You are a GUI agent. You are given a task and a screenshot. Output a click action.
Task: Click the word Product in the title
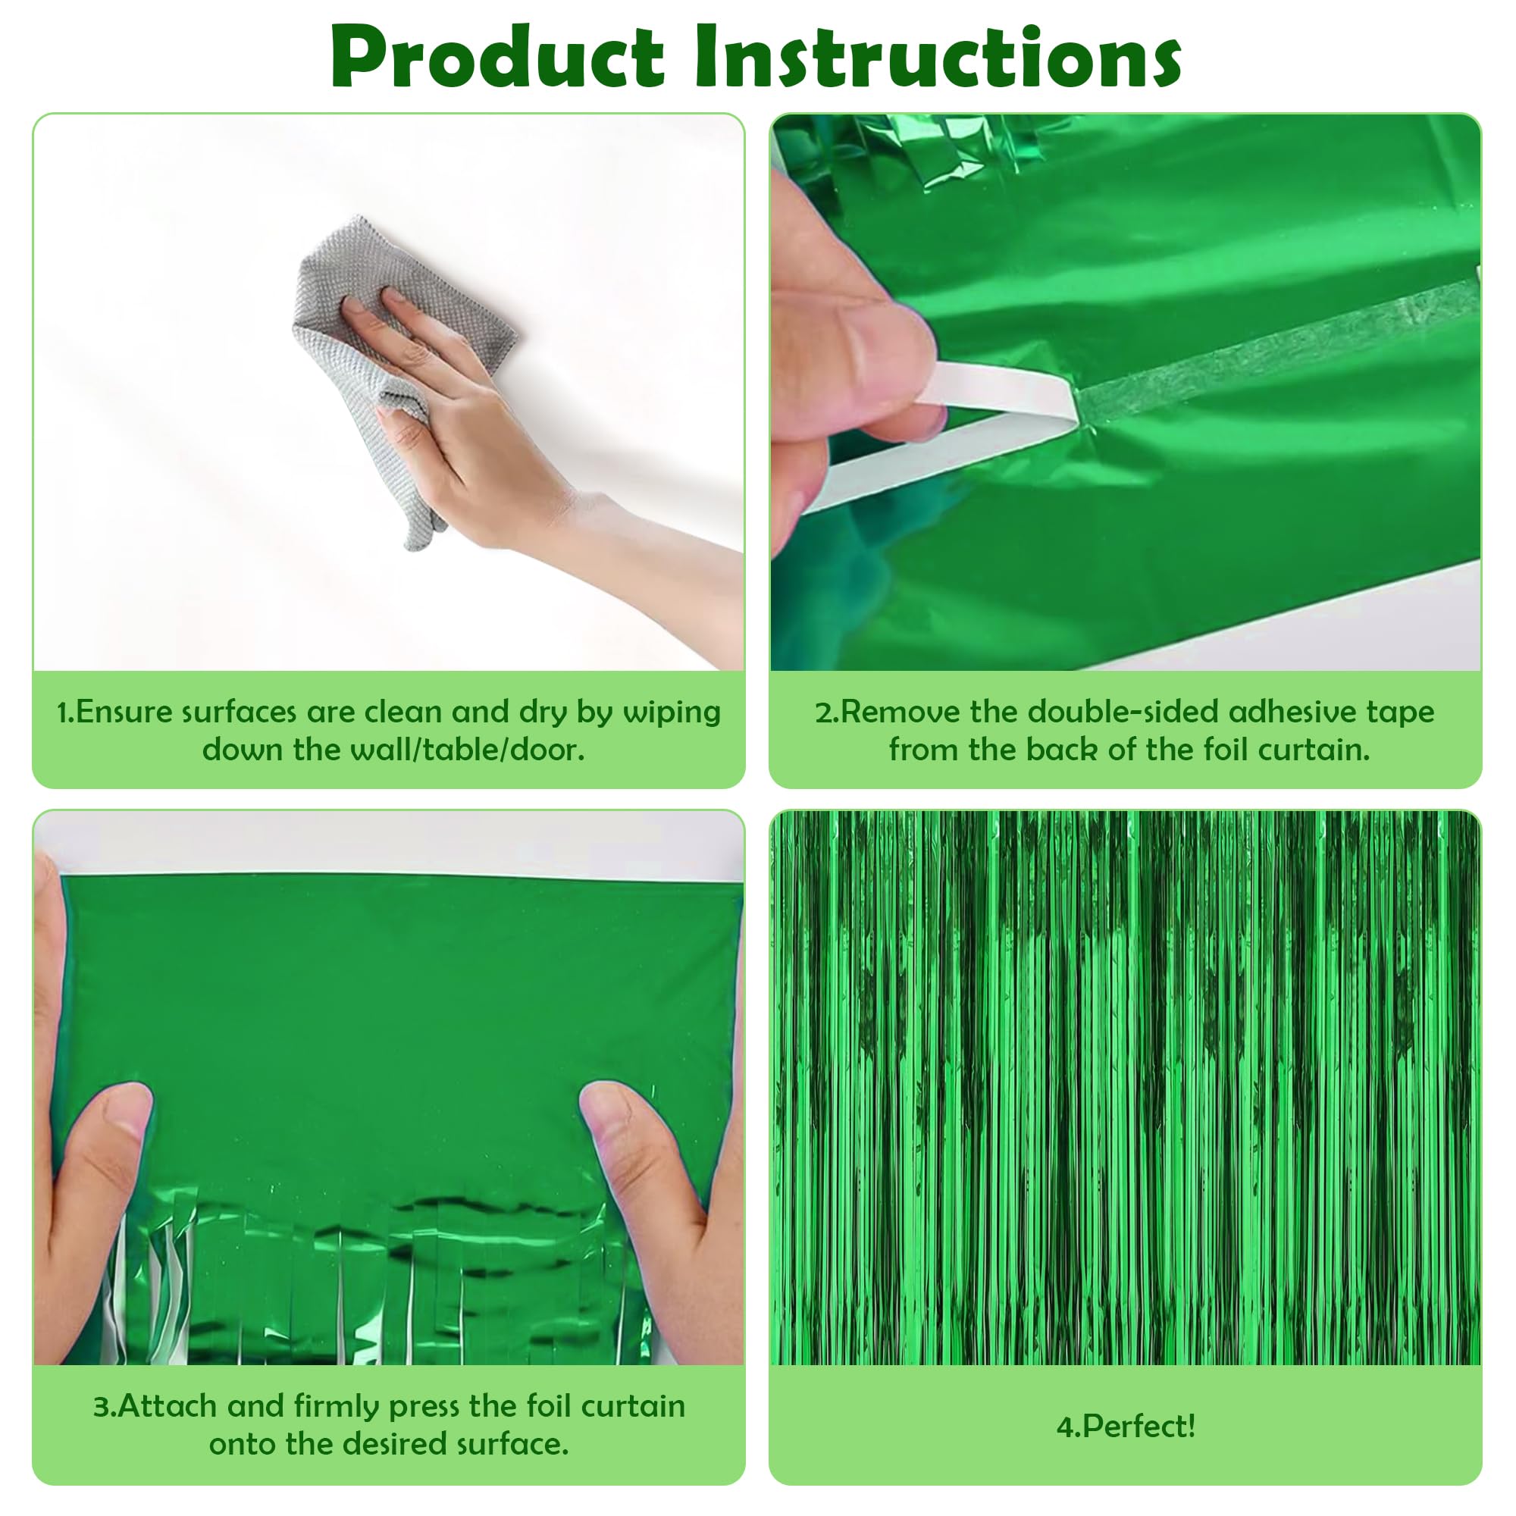click(x=496, y=59)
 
